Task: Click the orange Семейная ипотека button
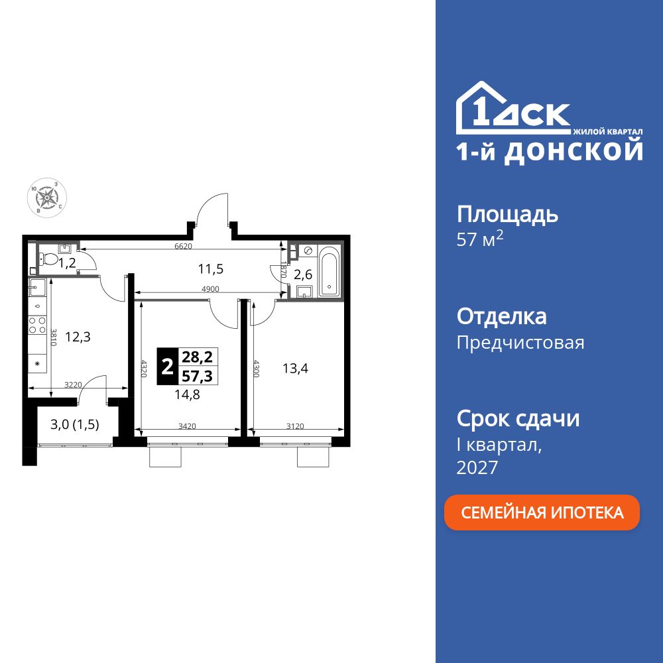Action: pos(542,512)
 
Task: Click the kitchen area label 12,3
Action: pos(78,336)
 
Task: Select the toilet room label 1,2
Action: pos(67,263)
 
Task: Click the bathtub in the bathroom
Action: pos(330,272)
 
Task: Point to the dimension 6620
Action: pos(183,246)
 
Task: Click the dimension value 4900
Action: pos(210,289)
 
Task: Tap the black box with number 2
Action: pos(166,366)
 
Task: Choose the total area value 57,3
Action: pos(197,375)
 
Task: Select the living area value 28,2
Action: pos(197,357)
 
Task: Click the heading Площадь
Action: pos(507,214)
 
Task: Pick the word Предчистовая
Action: pos(520,343)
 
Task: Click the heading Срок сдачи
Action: pos(518,418)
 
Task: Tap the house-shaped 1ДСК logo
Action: pos(512,108)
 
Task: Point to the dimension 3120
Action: pos(295,426)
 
